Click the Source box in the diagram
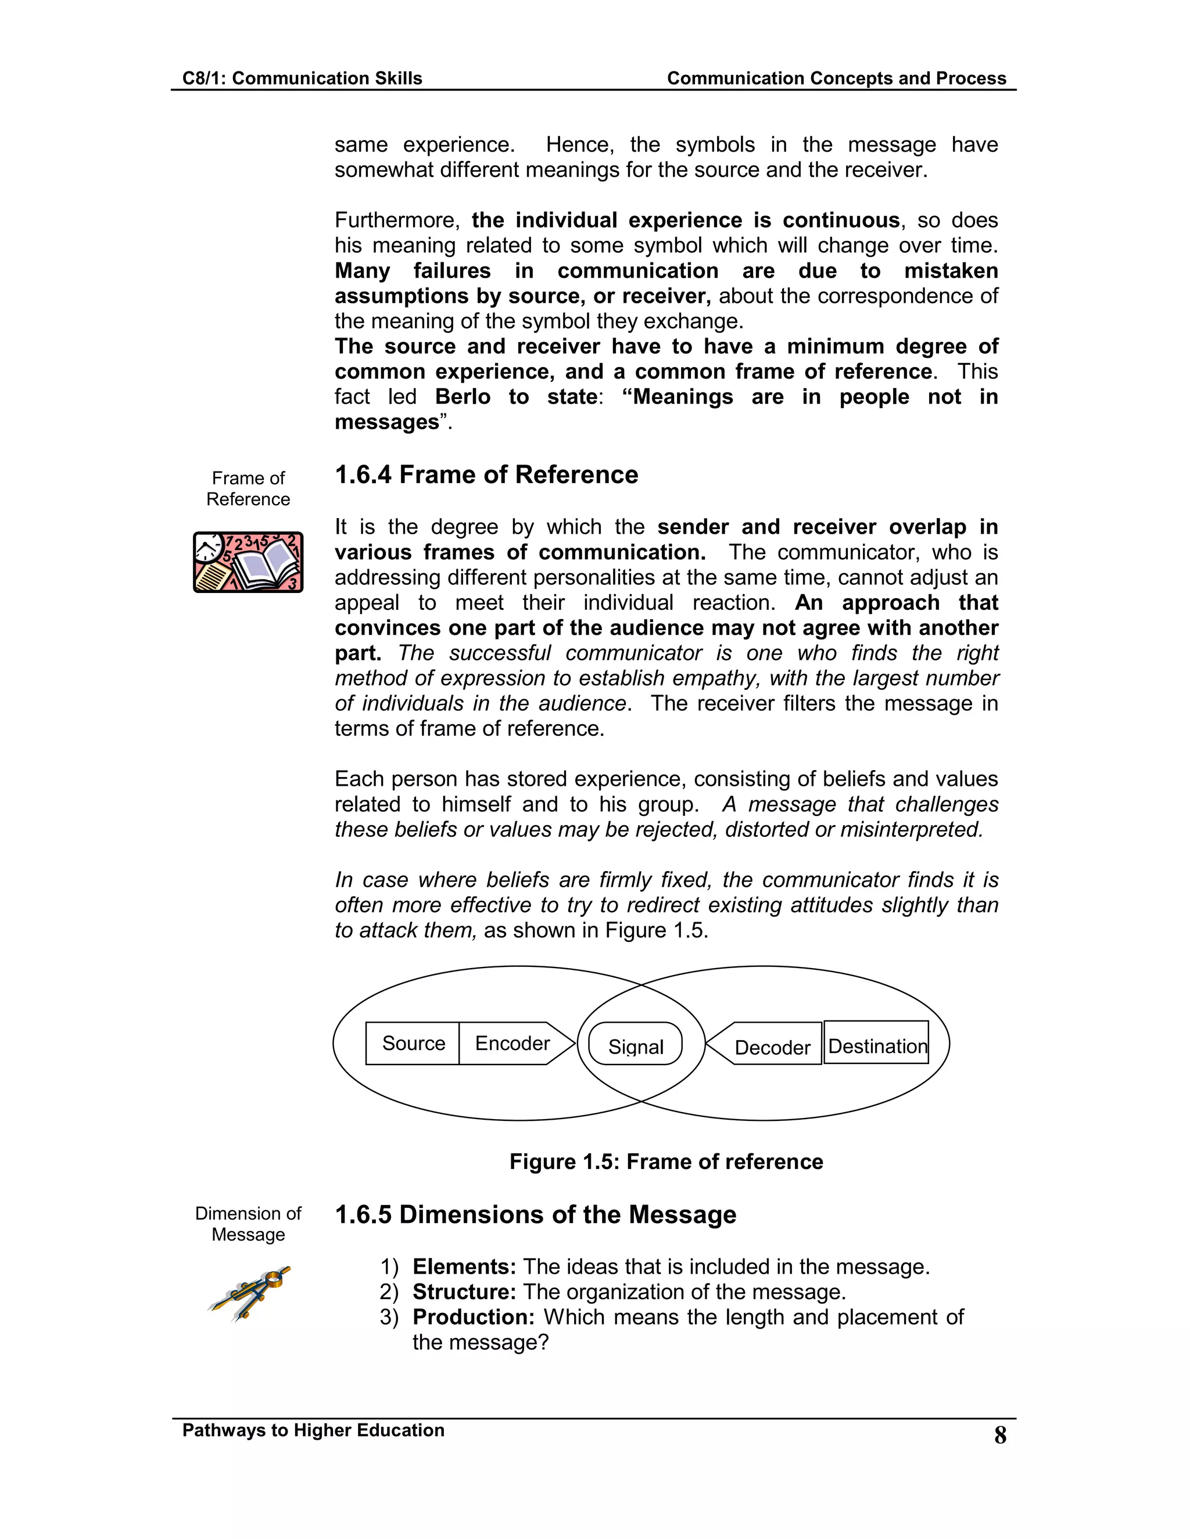point(413,1043)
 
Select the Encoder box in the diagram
point(512,1043)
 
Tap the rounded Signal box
point(635,1044)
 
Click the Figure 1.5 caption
point(665,1162)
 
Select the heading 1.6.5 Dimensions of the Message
point(535,1214)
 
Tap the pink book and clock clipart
point(248,562)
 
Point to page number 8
point(999,1436)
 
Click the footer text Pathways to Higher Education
point(313,1430)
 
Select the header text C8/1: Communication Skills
point(302,78)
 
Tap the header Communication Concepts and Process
point(836,78)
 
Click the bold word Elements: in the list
point(464,1266)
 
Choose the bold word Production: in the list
point(473,1317)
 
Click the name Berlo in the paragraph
point(463,397)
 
